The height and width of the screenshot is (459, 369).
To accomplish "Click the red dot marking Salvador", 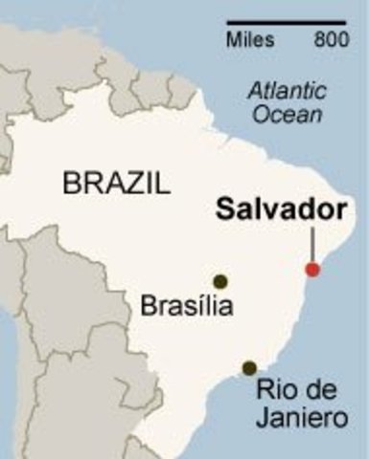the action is pos(312,270).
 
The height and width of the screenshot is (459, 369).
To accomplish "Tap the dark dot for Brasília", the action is pos(220,281).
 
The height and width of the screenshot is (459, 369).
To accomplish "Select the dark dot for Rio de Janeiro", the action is pos(249,368).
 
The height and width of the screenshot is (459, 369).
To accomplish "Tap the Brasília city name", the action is pos(186,307).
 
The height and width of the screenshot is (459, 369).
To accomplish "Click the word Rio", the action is pos(275,391).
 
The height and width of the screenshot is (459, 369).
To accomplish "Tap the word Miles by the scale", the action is pos(250,40).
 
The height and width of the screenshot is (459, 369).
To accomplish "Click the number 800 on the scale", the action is pos(331,40).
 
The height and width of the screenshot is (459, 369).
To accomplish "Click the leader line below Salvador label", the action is pos(312,243).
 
